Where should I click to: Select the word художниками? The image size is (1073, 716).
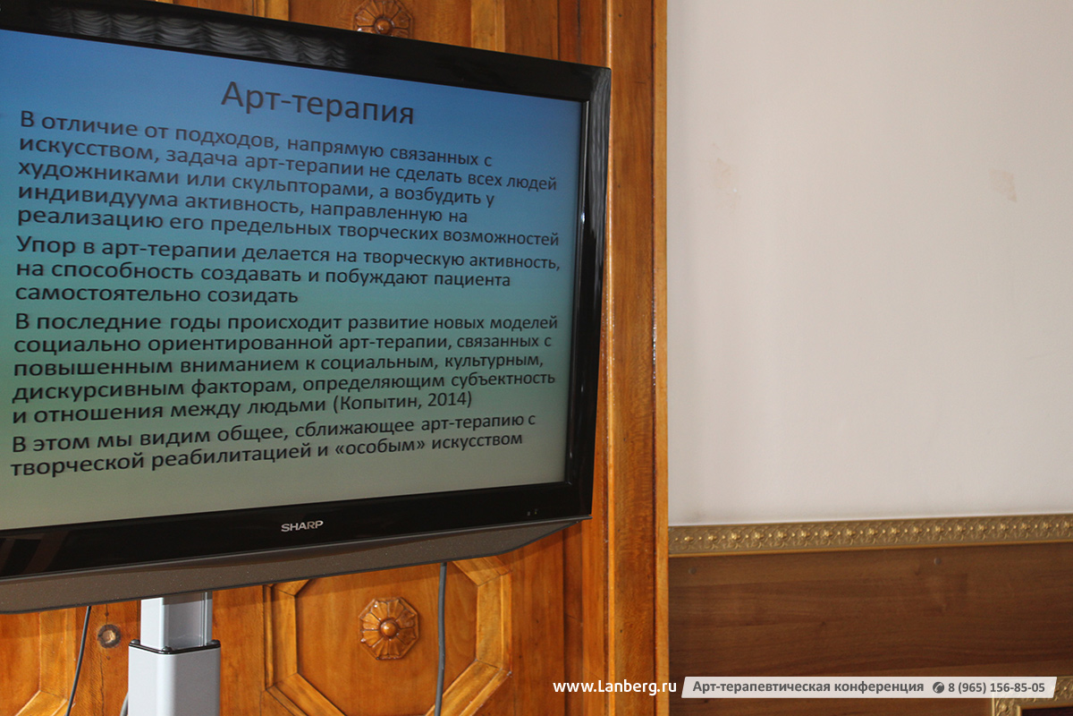pos(98,173)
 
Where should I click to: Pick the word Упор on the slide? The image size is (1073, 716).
pos(46,246)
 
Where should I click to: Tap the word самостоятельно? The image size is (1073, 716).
pos(108,293)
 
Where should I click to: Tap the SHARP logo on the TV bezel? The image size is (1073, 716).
pos(302,526)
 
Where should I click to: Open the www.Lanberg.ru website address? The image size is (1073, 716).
pos(614,686)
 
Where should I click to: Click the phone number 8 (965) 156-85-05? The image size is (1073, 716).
pos(996,687)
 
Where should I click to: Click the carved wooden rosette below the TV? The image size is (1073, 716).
pos(388,627)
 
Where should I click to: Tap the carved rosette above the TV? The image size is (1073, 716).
pos(383,18)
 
